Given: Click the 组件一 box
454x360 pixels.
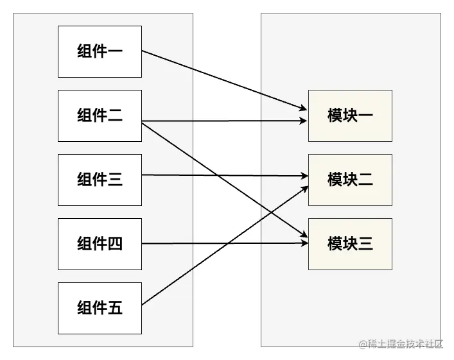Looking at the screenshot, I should pyautogui.click(x=100, y=51).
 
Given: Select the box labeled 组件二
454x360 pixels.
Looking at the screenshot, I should pyautogui.click(x=100, y=116).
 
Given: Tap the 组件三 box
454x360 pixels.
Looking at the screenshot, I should pyautogui.click(x=100, y=180).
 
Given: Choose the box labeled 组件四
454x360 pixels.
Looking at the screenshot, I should pyautogui.click(x=100, y=244).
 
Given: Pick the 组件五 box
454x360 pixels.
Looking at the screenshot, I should pyautogui.click(x=100, y=308).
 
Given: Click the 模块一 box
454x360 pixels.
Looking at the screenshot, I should pyautogui.click(x=350, y=116).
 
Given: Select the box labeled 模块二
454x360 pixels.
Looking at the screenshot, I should pyautogui.click(x=350, y=180).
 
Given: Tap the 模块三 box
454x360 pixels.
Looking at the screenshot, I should pyautogui.click(x=350, y=244).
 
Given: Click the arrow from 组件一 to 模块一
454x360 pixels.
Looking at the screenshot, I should pyautogui.click(x=225, y=80).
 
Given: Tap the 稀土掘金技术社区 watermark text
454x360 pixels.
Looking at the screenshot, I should pyautogui.click(x=401, y=344).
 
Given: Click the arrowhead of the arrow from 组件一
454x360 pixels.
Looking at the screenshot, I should pyautogui.click(x=304, y=108).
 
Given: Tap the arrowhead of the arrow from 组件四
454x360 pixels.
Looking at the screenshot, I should pyautogui.click(x=304, y=243).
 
